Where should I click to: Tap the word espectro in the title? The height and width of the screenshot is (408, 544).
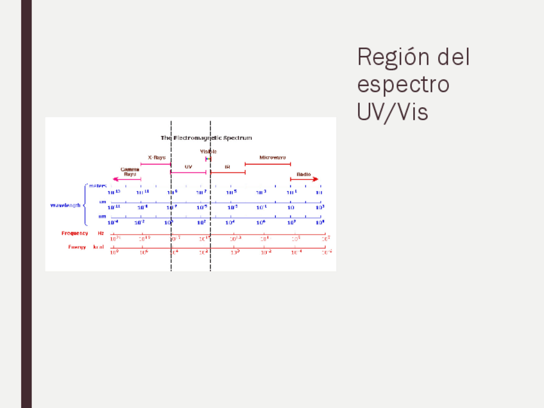click(403, 85)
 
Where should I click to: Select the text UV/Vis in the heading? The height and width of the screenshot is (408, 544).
click(392, 112)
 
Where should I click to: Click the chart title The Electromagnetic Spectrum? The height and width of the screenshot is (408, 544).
click(206, 137)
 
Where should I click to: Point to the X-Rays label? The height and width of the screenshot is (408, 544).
click(157, 157)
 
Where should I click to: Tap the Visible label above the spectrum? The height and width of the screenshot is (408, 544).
click(208, 151)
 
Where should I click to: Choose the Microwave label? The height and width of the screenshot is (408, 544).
click(273, 157)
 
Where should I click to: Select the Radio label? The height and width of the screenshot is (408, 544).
click(303, 174)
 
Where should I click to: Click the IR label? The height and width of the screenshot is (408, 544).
click(227, 167)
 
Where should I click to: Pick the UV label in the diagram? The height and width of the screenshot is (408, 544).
click(188, 167)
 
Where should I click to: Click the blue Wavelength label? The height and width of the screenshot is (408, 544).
click(65, 205)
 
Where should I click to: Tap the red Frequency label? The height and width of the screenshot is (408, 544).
click(74, 234)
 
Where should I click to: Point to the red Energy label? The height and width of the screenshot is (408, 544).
click(77, 247)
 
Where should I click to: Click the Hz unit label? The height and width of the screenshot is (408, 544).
click(101, 234)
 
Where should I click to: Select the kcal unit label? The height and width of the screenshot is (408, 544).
click(99, 247)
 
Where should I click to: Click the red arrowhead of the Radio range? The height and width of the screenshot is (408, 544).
click(315, 180)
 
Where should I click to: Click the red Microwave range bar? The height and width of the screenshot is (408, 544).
click(268, 164)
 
